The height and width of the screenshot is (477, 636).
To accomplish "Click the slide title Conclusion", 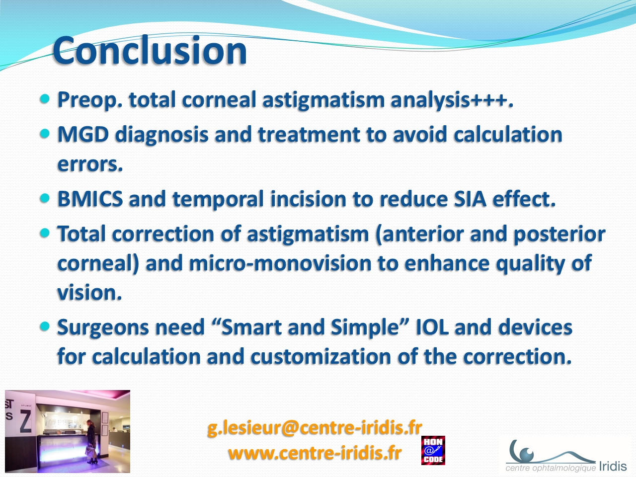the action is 150,50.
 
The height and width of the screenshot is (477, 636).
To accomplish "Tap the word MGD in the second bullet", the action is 83,134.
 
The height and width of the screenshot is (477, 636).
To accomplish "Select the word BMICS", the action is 90,199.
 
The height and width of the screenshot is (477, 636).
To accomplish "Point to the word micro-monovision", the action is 280,263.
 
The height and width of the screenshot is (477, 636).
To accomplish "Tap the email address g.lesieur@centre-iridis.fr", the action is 315,428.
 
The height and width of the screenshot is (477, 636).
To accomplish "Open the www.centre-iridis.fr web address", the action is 315,453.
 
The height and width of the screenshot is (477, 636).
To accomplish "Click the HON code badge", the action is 433,450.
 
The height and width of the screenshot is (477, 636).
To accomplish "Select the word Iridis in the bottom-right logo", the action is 613,467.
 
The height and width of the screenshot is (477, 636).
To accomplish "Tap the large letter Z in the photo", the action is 25,421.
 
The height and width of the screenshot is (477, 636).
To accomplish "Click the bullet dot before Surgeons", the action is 45,326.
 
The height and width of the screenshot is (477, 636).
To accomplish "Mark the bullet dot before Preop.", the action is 45,99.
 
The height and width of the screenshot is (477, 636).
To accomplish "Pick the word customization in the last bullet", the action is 321,356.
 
